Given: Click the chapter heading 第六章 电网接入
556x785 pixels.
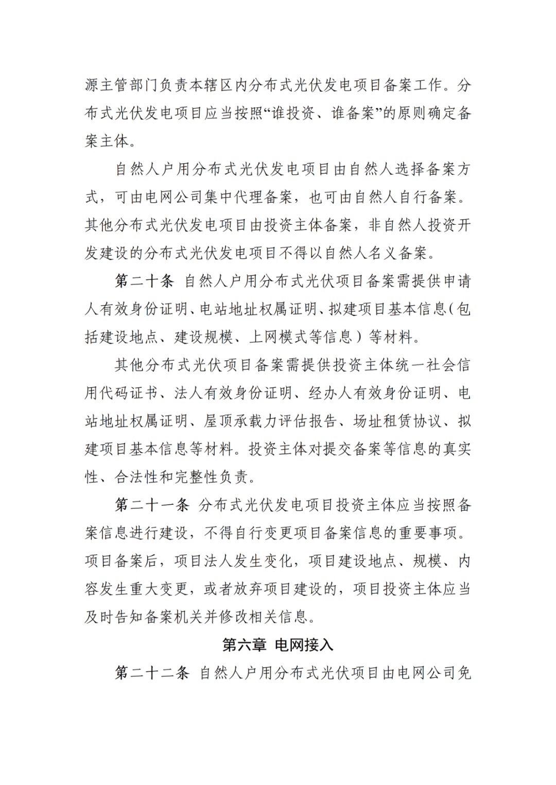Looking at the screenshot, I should (x=278, y=645).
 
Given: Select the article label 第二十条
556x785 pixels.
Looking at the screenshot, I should (x=145, y=281).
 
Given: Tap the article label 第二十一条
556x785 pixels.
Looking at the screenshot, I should (x=152, y=505).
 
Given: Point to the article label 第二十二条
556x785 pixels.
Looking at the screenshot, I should (x=152, y=672).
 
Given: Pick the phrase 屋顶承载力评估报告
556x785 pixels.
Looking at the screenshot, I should (x=271, y=421).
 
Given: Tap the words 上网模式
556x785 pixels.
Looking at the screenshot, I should (x=279, y=337).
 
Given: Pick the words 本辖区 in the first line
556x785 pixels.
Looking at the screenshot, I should (x=211, y=85).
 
